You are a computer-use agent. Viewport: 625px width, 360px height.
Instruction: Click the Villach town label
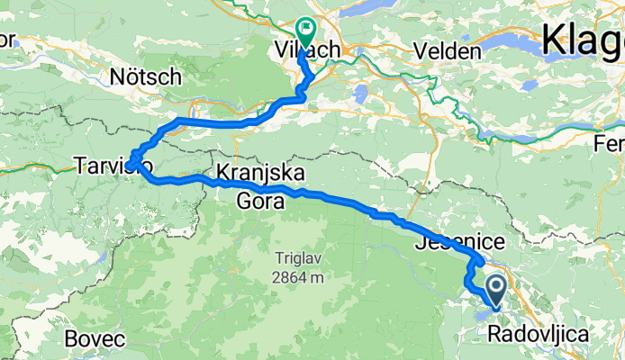click(x=306, y=51)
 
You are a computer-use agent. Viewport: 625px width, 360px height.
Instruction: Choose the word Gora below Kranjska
click(x=260, y=202)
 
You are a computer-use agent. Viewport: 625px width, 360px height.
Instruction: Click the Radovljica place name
click(x=539, y=335)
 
